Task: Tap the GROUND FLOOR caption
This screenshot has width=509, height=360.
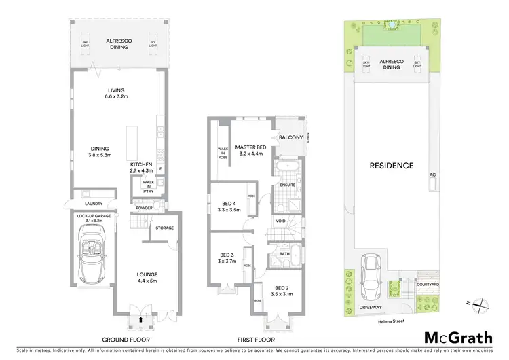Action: click(126, 339)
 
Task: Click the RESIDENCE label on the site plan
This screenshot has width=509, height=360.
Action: click(391, 166)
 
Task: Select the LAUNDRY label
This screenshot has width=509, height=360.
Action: click(93, 203)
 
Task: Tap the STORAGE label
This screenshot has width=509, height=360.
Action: click(165, 228)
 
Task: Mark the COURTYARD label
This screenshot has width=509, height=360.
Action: click(426, 284)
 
